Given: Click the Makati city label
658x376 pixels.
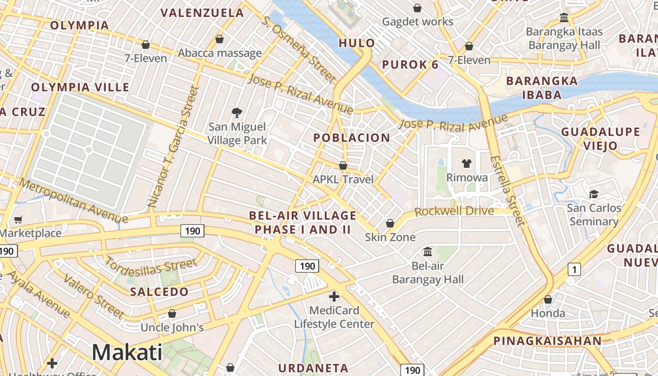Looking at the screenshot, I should [x=127, y=352].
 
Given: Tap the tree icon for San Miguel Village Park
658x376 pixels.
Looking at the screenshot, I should [x=237, y=112].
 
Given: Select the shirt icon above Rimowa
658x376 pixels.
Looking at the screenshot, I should [x=466, y=164].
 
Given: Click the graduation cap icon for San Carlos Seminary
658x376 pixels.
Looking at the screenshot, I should [x=594, y=194].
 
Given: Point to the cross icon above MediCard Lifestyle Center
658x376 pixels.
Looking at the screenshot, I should [x=334, y=297].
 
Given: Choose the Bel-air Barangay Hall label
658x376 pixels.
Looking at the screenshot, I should [x=428, y=273].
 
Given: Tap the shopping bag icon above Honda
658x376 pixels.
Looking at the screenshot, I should [x=548, y=299].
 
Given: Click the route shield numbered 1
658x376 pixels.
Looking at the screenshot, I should [x=574, y=269].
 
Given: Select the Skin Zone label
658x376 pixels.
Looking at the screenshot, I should [x=390, y=237].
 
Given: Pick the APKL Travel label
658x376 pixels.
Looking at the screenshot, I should [x=343, y=179].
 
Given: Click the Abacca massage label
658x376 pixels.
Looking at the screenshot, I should [x=219, y=53].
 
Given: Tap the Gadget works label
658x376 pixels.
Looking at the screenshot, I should [x=417, y=22].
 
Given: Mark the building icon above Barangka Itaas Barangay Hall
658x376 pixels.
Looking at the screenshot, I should [x=564, y=18].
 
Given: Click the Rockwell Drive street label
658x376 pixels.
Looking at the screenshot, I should [x=454, y=211].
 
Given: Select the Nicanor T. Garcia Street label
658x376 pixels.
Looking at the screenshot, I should [x=172, y=146].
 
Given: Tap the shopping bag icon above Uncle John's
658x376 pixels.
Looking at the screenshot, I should [x=172, y=313].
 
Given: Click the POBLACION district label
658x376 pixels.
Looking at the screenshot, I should [x=352, y=138].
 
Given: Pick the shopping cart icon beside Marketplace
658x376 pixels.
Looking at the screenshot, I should [x=18, y=219].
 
